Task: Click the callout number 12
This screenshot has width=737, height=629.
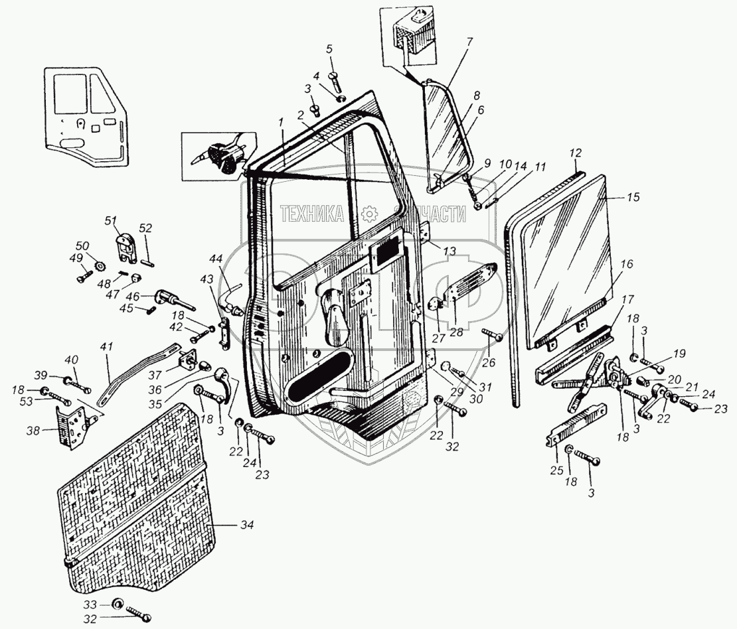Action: [575, 152]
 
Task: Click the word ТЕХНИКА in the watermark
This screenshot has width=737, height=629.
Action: [311, 214]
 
